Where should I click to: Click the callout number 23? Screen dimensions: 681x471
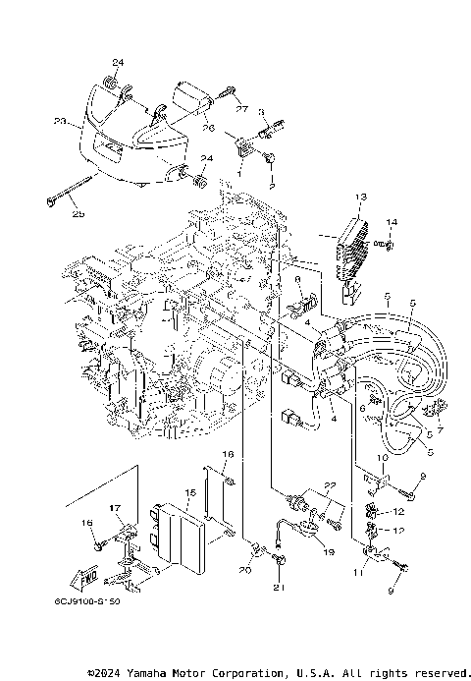[59, 123]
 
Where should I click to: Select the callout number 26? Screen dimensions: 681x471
[209, 127]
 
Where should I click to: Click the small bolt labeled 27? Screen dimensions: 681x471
[228, 93]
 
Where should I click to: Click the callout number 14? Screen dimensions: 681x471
[392, 222]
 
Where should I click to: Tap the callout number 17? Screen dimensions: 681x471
[115, 508]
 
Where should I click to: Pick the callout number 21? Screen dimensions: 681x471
[278, 589]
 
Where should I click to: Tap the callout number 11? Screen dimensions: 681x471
[358, 572]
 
